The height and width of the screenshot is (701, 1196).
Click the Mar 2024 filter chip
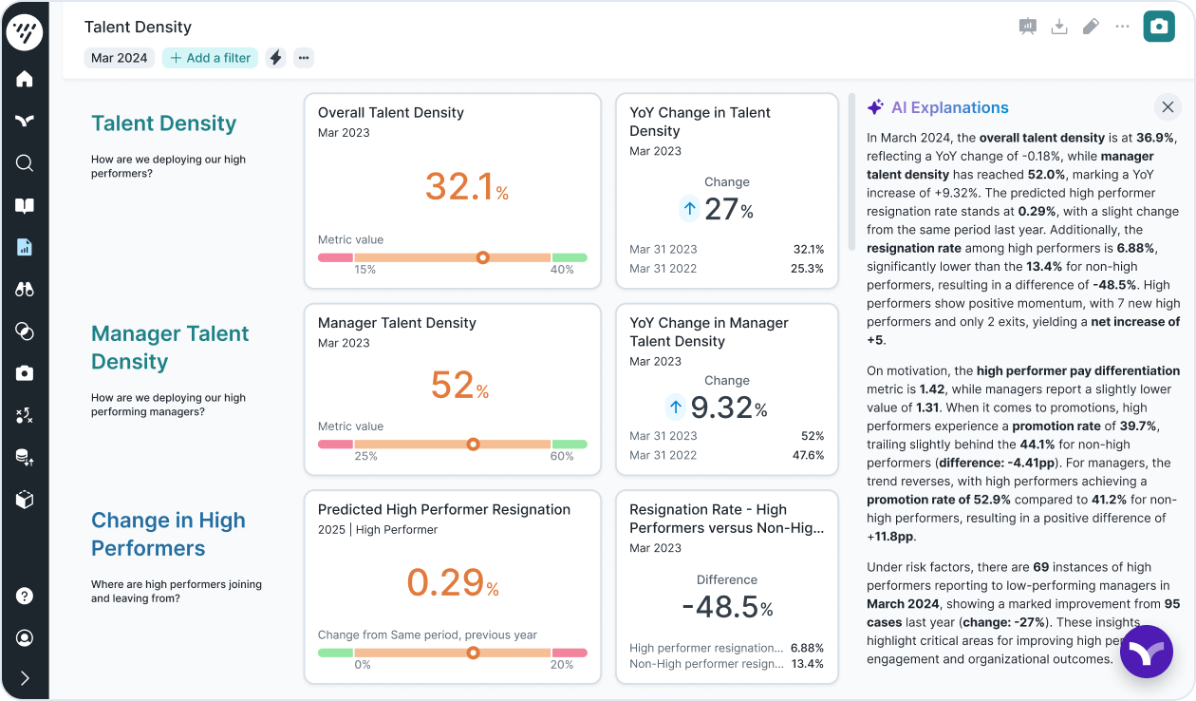[119, 58]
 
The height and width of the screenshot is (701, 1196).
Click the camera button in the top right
[1158, 27]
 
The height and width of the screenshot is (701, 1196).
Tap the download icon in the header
[1059, 27]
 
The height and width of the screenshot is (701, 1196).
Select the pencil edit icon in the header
[1091, 27]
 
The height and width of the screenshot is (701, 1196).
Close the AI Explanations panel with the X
[1168, 107]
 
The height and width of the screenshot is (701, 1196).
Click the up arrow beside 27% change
[690, 209]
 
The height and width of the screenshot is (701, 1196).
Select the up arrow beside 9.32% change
[675, 407]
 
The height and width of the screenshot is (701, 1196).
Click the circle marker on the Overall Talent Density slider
[482, 257]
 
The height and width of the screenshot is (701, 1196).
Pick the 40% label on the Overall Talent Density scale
[562, 270]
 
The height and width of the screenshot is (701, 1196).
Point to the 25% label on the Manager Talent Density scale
[365, 456]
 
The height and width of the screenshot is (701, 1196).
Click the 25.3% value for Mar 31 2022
[808, 269]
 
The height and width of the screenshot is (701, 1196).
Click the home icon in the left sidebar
[25, 79]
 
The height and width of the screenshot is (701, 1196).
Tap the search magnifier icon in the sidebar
[25, 163]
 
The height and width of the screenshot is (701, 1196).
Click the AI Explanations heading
[949, 108]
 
